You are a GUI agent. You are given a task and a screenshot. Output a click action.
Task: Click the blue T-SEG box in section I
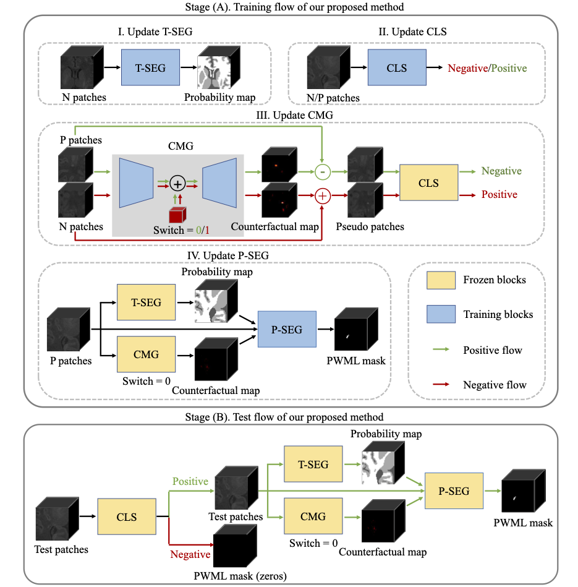pos(150,68)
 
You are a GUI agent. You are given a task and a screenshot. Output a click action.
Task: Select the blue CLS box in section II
pos(396,68)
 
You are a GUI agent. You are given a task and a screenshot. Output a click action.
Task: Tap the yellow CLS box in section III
pos(428,182)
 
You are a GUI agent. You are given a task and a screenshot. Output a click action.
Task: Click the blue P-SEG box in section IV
pos(287,330)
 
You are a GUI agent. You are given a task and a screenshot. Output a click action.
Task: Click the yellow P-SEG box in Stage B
pos(453,491)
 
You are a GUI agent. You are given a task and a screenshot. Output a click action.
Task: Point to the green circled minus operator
pos(321,171)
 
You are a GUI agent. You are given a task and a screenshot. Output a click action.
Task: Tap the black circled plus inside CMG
pos(177,183)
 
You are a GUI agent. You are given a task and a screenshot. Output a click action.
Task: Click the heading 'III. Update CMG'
pos(291,115)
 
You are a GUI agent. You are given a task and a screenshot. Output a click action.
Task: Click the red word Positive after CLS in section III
pos(499,195)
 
